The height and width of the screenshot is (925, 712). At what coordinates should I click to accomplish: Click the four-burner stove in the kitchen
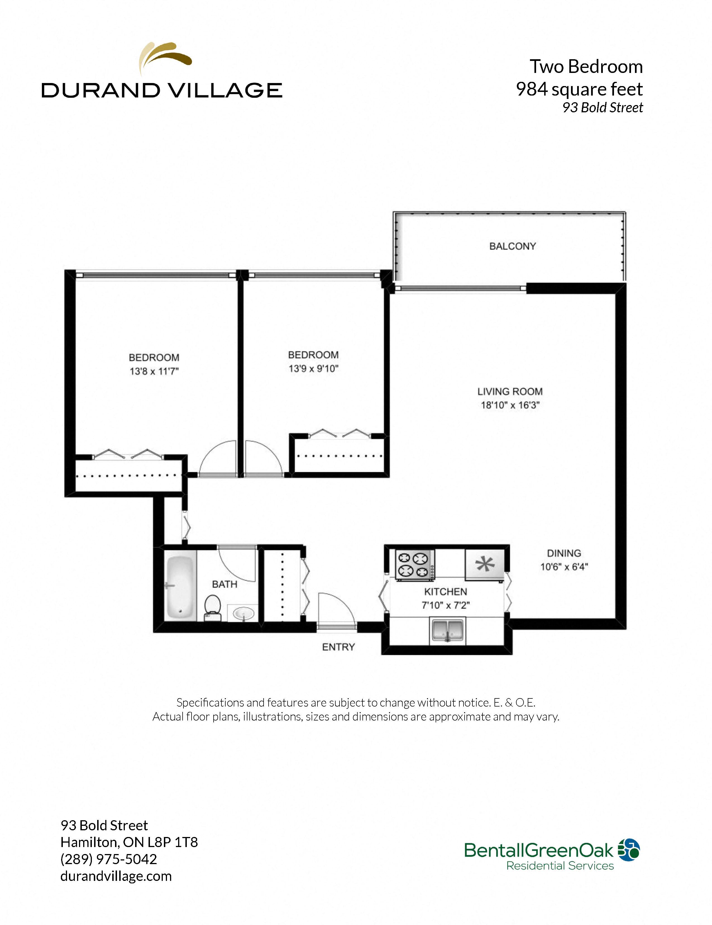[x=414, y=564]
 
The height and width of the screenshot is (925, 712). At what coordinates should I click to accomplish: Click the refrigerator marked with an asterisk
[x=485, y=564]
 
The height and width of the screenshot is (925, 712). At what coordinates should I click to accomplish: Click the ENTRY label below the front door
[x=338, y=647]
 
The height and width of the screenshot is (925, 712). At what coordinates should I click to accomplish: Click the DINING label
[x=564, y=553]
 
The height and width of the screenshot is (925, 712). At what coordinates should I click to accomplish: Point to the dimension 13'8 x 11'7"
[x=154, y=372]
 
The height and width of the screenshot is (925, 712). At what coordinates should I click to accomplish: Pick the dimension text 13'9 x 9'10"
[x=313, y=368]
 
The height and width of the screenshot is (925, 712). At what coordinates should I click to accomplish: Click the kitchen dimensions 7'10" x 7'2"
[x=445, y=605]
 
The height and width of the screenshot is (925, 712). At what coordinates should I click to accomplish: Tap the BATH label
[x=224, y=584]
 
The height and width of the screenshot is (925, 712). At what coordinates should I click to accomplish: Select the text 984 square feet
[x=579, y=89]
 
